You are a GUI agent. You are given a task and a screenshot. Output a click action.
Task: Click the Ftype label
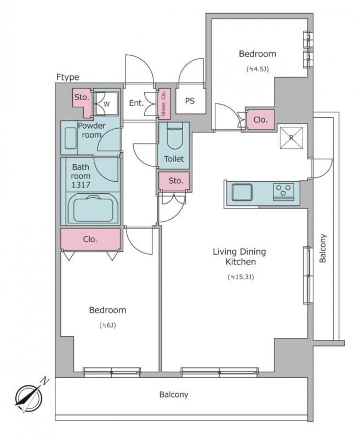pos(67,77)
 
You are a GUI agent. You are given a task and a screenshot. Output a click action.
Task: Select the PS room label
pos(190,101)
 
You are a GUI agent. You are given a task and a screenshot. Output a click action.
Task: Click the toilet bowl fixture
pos(174,139)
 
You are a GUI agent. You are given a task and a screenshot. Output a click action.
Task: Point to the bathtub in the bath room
pos(93,209)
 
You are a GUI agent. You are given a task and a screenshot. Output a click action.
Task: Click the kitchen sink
pos(242,192)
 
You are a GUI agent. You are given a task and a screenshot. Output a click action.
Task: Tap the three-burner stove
pos(283,192)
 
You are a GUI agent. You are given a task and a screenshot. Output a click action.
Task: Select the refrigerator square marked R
pos(292,138)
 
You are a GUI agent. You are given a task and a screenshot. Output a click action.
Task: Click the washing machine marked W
pos(105,103)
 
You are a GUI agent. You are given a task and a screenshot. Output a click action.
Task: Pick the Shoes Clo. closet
pos(164,103)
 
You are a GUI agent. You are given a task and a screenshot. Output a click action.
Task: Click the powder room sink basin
pos(71,138)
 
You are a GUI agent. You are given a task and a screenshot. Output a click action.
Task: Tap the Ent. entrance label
pos(136,103)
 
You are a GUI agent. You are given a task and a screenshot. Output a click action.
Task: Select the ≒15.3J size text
pos(241,278)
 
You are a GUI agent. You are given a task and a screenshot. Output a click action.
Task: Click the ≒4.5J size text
pos(257,69)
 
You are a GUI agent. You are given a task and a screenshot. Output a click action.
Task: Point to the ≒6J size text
pos(107,325)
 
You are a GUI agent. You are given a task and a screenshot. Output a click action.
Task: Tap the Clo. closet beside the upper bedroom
pos(260,120)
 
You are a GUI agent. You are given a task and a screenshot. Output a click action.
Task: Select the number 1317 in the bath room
pos(81,185)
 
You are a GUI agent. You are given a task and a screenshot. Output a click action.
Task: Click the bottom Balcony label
pos(174,395)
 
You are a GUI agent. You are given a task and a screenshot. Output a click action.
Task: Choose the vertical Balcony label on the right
pos(323,249)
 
